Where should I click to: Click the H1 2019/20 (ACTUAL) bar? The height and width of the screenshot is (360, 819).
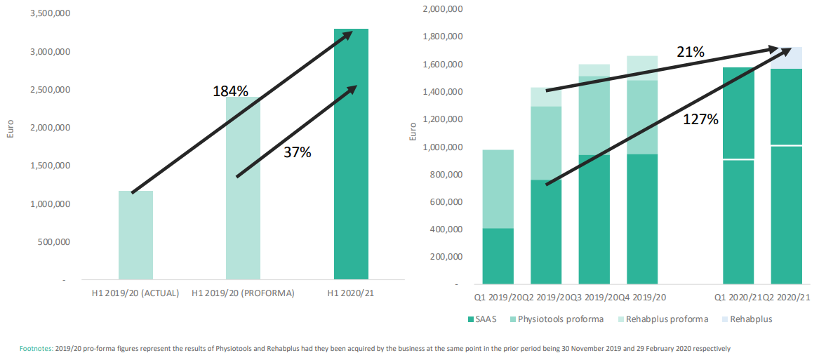point(135,235)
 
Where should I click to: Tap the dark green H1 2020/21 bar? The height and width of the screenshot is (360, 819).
point(351,154)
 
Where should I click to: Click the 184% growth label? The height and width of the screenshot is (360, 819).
point(230,91)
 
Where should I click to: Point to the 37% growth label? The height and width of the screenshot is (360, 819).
point(297,152)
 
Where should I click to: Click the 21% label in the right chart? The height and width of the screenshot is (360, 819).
point(691,52)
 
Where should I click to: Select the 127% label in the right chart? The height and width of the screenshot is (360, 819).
point(701,119)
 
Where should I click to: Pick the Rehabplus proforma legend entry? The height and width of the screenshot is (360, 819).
point(657,320)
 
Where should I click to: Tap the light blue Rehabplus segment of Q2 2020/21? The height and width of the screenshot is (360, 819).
point(785,58)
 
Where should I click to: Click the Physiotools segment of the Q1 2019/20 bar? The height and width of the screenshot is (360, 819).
point(497,189)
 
